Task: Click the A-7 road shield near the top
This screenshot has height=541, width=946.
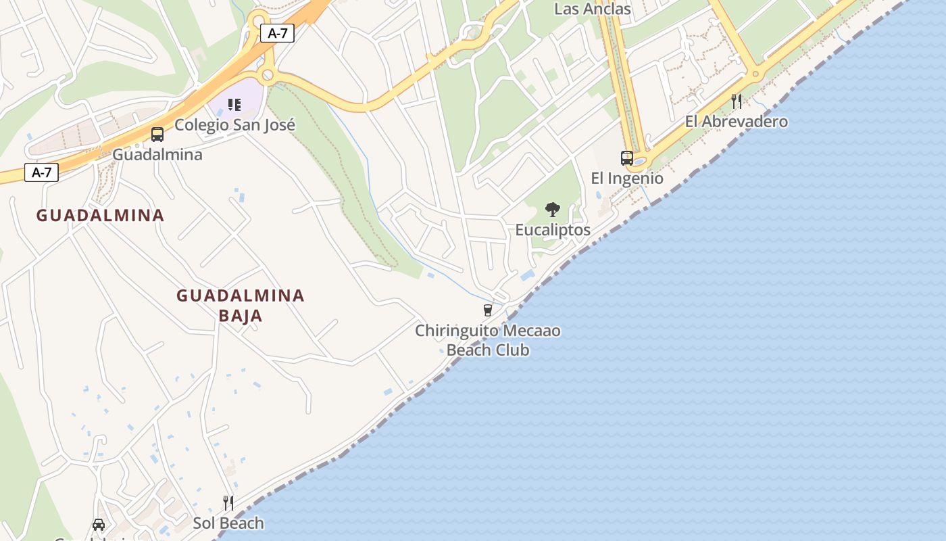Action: [x=277, y=33]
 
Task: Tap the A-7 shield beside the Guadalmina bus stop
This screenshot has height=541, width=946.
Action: [x=41, y=172]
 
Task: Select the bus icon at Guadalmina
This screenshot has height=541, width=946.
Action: [x=157, y=135]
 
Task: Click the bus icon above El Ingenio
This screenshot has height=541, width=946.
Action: [x=627, y=158]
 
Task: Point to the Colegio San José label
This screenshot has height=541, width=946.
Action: [x=234, y=125]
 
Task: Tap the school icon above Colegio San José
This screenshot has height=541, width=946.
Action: [x=234, y=105]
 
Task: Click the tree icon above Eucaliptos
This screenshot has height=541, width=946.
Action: [x=553, y=210]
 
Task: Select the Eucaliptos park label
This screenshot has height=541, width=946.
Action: [x=553, y=230]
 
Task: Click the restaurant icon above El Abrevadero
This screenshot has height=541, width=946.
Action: [x=737, y=101]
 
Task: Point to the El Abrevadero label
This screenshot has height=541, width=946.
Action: [x=736, y=122]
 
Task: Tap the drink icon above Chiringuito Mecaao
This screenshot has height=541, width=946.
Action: [x=488, y=310]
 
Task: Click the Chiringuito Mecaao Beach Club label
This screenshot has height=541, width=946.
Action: [x=488, y=341]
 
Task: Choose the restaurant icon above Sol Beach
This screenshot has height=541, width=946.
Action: [x=228, y=502]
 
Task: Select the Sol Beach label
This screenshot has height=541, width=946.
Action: [x=228, y=523]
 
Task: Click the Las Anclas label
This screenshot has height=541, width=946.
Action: [x=592, y=9]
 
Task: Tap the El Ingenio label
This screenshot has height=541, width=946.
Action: [x=627, y=179]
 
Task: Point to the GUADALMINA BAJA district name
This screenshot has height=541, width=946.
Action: [x=240, y=305]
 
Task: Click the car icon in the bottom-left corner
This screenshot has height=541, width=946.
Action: [x=99, y=525]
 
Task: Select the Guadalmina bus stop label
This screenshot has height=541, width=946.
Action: [x=157, y=155]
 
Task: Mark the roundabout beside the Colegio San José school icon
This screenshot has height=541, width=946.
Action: [x=268, y=74]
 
